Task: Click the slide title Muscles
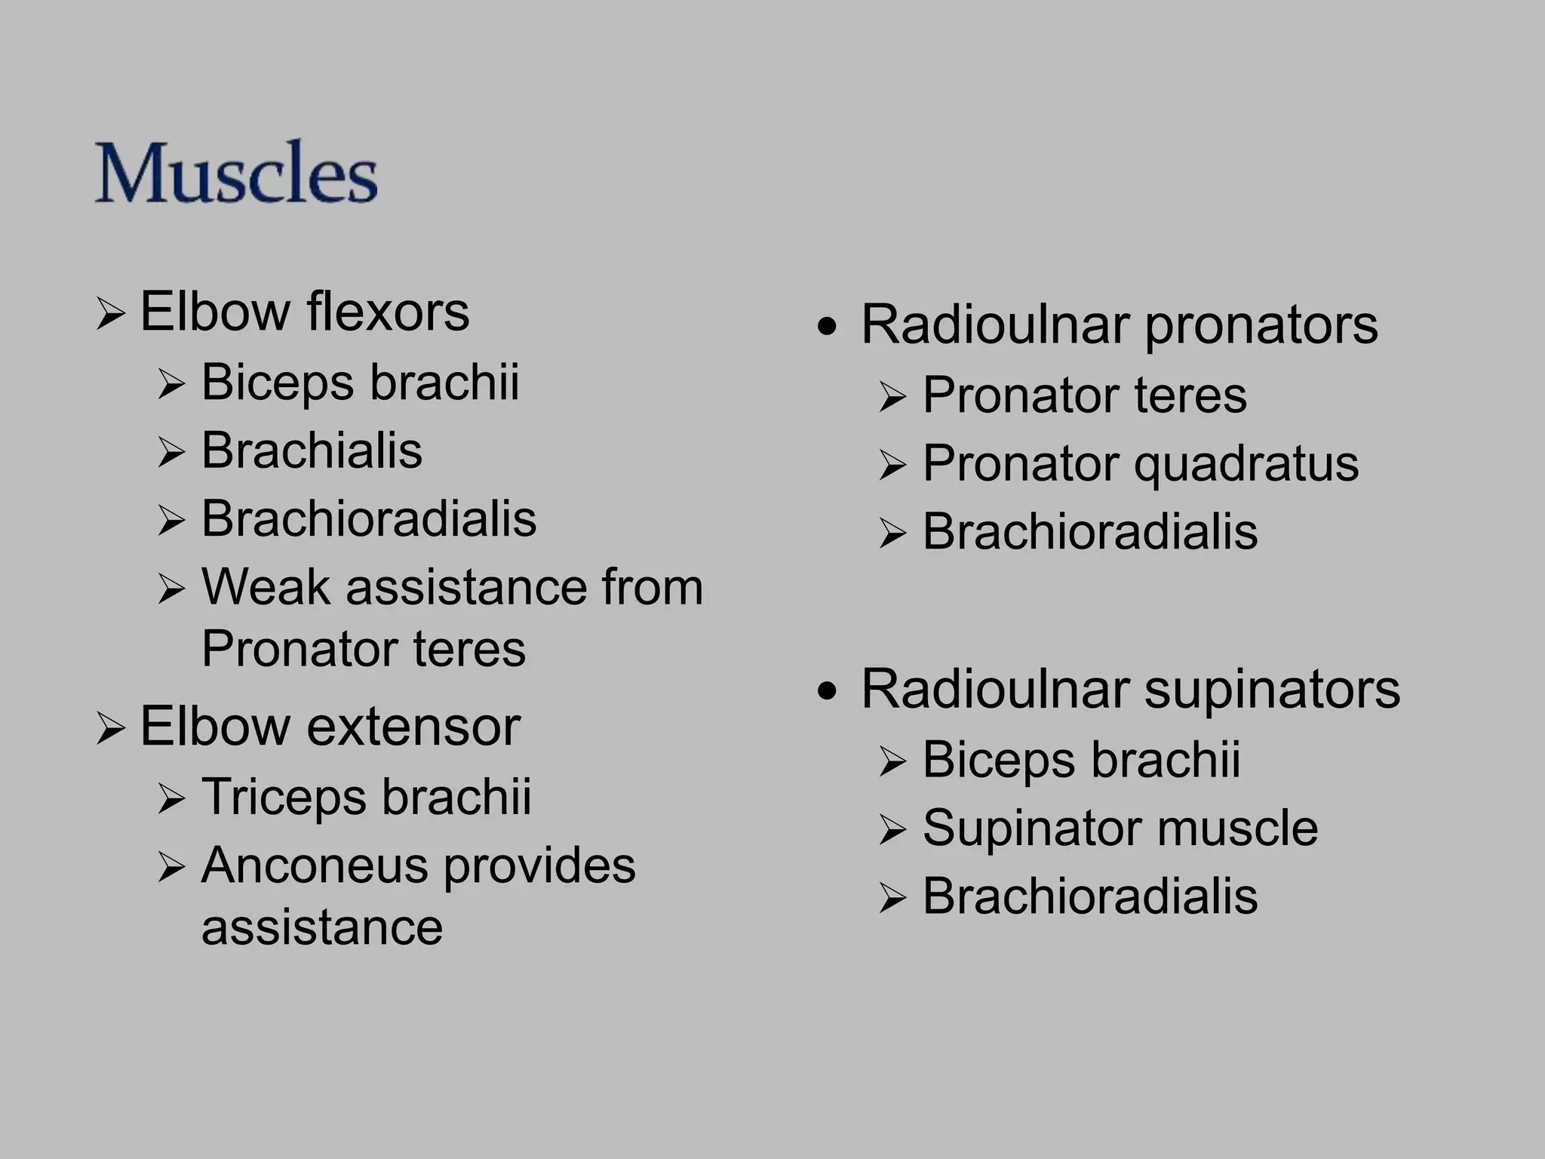click(235, 173)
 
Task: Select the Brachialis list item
click(312, 450)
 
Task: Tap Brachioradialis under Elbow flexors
click(369, 519)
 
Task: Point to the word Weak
click(265, 587)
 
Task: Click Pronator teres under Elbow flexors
click(363, 649)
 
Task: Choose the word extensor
click(413, 727)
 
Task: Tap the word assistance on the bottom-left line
click(322, 927)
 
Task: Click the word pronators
click(1261, 325)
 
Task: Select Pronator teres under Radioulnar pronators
click(1084, 395)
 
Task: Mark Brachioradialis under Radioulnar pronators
click(1090, 532)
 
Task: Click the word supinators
click(1272, 690)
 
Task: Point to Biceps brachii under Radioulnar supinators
click(1081, 760)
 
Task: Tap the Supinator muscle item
click(1120, 829)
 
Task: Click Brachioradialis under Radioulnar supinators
click(1090, 896)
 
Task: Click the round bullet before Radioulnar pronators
click(828, 327)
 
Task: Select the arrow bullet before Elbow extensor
click(110, 730)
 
